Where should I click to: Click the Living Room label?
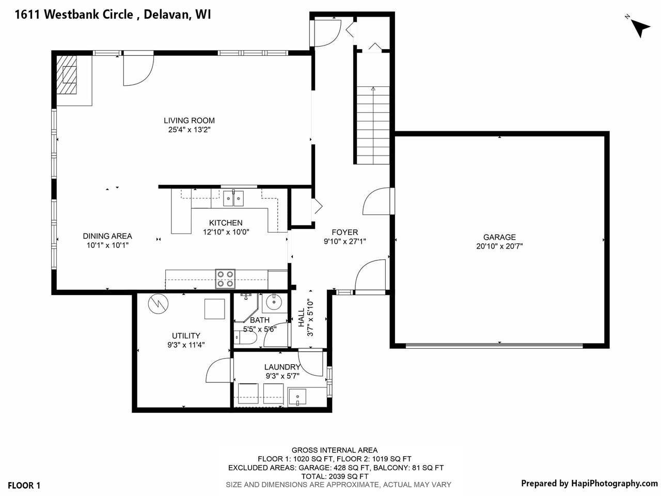189,120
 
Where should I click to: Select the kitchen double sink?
233,197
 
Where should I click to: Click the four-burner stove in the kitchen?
225,279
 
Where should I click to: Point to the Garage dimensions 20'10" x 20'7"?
499,246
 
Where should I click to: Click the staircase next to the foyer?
372,124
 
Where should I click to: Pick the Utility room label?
186,335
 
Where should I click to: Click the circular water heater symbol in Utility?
158,304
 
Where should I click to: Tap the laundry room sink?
297,397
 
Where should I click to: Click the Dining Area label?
107,236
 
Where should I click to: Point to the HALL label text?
302,318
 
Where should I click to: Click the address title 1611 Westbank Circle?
113,15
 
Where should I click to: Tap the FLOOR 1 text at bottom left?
24,485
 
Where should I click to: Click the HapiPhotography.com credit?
589,484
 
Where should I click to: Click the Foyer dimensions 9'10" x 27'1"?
344,241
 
